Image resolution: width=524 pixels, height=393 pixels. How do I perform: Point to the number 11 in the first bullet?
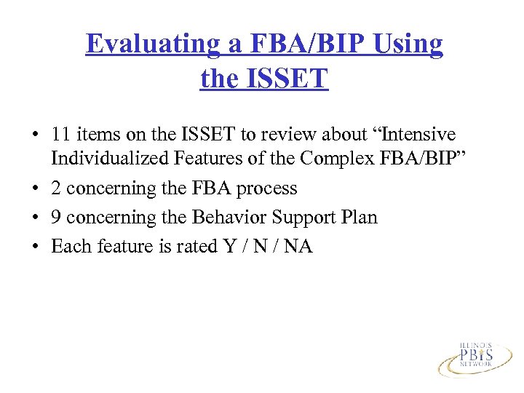(x=60, y=135)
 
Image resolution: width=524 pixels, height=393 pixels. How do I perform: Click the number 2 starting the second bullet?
(x=56, y=188)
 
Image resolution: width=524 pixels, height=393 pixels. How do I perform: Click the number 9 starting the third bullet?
(x=56, y=217)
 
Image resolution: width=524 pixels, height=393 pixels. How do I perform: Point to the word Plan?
(x=358, y=217)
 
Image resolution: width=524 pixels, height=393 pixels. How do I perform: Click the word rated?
(x=188, y=246)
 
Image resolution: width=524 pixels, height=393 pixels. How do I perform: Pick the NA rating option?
(x=298, y=246)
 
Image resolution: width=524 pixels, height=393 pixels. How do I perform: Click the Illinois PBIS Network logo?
(x=475, y=357)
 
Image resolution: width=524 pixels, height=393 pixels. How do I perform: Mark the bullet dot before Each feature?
(x=35, y=247)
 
